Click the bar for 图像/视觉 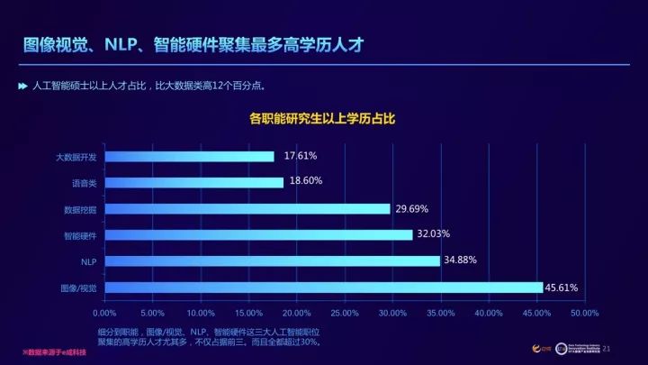click(324, 287)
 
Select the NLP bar click(273, 261)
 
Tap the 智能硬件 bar click(259, 235)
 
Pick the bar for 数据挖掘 click(247, 209)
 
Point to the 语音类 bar click(194, 183)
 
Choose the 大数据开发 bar click(190, 157)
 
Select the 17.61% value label click(301, 156)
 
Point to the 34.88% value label click(460, 261)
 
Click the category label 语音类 click(85, 183)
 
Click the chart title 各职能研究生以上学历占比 click(323, 118)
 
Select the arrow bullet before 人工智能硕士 click(22, 86)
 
